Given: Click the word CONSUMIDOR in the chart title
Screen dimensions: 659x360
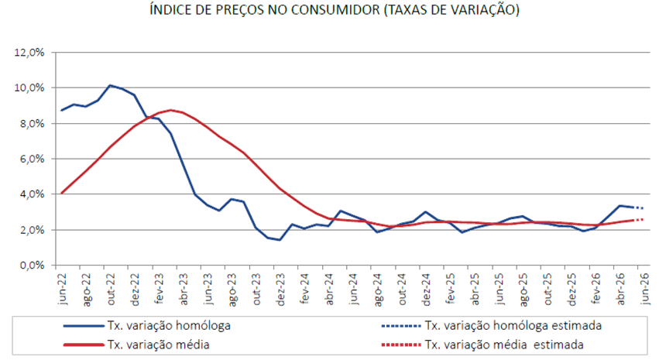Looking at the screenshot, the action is point(335,9).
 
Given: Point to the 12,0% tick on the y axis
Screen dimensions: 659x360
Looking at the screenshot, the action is point(29,53).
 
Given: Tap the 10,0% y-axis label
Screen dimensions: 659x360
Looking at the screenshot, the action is point(29,87).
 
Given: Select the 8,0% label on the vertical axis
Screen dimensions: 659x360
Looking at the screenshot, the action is point(32,124).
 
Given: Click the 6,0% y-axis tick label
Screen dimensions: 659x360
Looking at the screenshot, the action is point(32,159).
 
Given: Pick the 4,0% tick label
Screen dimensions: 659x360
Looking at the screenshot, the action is point(32,194).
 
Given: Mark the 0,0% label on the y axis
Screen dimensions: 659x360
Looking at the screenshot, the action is point(32,266).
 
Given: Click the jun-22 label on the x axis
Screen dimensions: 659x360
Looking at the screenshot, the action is point(63,288).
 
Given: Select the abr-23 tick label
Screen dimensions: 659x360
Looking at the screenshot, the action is point(184,289).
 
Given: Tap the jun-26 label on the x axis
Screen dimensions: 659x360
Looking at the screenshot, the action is point(644,288).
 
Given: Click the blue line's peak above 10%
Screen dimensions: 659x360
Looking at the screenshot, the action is point(110,85).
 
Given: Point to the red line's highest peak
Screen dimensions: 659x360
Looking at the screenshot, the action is point(170,110).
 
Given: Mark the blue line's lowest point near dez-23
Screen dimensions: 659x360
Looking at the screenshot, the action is point(280,240).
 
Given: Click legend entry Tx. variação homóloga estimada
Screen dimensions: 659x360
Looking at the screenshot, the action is point(491,326).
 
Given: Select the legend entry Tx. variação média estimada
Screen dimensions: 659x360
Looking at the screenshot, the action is point(482,345).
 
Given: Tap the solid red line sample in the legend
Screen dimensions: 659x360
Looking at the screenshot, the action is point(84,345).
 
